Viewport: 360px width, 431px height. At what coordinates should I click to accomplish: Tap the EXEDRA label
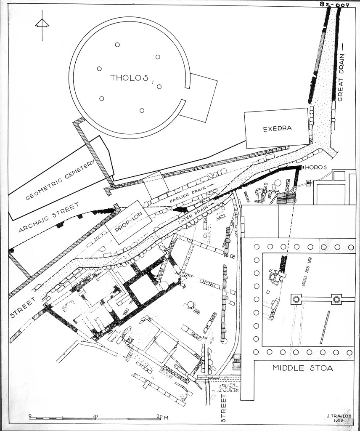(277, 128)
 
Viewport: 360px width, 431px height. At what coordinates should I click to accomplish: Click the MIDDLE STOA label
(303, 368)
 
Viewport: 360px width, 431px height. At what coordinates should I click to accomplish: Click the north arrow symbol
(42, 25)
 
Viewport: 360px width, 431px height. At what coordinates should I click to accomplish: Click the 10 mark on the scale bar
(95, 415)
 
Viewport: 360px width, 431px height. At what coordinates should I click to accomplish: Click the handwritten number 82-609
(334, 5)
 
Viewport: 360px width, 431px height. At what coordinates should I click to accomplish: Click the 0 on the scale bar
(30, 415)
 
